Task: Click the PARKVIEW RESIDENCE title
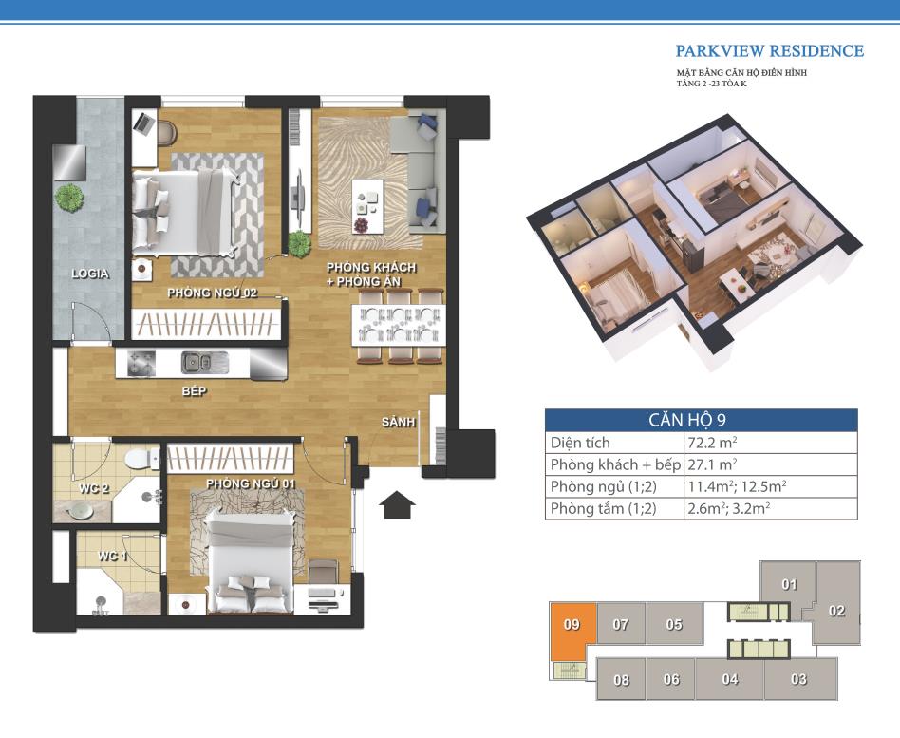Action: (x=769, y=51)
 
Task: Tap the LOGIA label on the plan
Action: (x=90, y=274)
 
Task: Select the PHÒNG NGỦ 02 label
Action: (x=213, y=293)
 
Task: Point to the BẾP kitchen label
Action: (x=194, y=391)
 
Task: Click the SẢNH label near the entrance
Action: (x=399, y=422)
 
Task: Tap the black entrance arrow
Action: (x=397, y=505)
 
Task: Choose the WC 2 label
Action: (x=94, y=489)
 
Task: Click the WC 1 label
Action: (x=112, y=556)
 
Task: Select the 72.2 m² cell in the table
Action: (x=712, y=443)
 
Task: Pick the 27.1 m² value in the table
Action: (x=712, y=464)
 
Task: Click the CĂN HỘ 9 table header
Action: (x=687, y=420)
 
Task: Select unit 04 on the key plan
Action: (x=730, y=679)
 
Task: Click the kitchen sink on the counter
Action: (x=197, y=363)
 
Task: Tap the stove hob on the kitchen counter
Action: (x=141, y=363)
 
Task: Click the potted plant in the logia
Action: (x=69, y=198)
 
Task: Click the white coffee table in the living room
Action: (x=368, y=206)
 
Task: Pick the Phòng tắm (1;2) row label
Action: (x=603, y=509)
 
